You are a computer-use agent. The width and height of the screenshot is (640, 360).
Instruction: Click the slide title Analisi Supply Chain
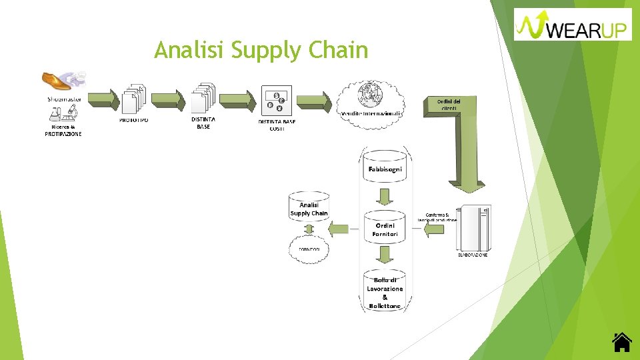point(261,50)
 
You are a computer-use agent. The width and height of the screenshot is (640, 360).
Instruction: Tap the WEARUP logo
point(573,25)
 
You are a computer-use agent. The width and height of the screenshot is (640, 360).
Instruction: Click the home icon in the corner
point(621,342)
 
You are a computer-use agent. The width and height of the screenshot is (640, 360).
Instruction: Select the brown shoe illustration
point(57,81)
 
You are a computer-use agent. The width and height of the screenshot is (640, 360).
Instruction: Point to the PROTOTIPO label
point(134,121)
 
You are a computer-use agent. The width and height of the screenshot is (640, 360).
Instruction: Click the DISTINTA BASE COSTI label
point(277,125)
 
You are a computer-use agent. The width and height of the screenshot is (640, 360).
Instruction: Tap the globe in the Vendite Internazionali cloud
point(369,94)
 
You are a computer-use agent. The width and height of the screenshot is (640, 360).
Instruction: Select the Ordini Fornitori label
point(385,230)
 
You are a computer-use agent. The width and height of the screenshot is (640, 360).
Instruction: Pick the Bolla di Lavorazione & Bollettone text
point(385,293)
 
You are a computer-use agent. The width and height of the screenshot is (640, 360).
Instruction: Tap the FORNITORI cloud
point(309,249)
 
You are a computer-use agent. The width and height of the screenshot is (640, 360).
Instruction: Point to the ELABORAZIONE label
point(472,255)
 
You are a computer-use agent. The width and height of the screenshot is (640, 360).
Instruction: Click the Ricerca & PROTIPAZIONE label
point(63,130)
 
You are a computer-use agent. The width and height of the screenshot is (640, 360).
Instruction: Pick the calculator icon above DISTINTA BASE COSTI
point(275,101)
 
